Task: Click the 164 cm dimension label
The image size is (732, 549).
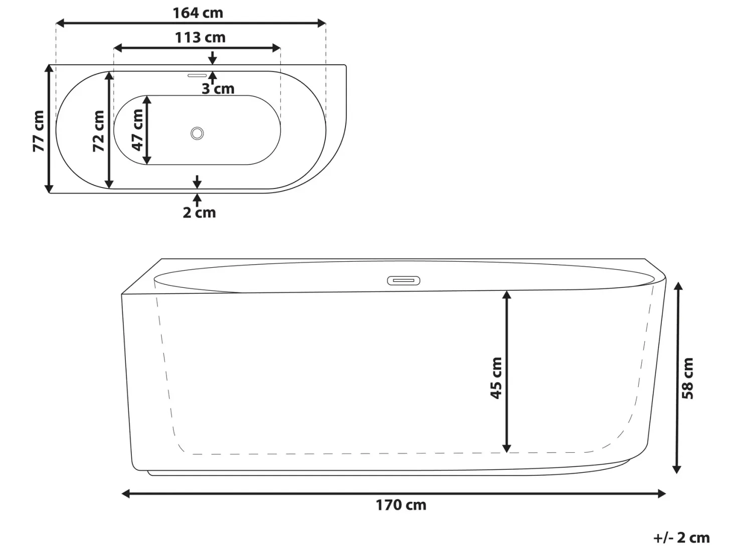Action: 198,13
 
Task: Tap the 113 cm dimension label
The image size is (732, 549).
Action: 200,37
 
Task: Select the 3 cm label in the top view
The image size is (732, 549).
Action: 218,89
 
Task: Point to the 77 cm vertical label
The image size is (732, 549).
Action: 38,131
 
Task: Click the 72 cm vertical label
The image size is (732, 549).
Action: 98,131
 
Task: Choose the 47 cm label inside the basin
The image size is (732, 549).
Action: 137,130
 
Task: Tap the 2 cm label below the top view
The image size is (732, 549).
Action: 200,213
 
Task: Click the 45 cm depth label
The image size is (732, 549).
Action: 496,378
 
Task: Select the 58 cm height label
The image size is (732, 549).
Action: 688,378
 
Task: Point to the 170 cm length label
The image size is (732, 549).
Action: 401,505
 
